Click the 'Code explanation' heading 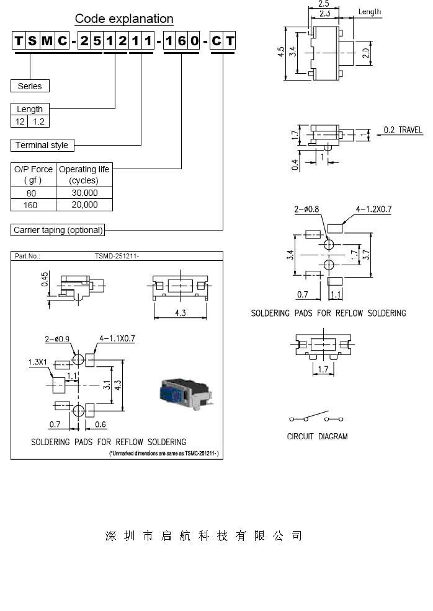coord(124,19)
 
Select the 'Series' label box coord(30,86)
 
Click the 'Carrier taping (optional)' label coord(58,230)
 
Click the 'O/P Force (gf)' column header coord(33,174)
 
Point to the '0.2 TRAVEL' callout coord(403,130)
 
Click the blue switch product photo coord(182,392)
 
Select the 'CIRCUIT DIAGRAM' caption coord(317,436)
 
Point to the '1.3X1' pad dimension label coord(37,362)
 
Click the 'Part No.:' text coord(27,255)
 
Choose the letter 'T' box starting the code coord(19,42)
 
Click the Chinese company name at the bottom coord(203,536)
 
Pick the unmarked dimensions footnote coord(164,454)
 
